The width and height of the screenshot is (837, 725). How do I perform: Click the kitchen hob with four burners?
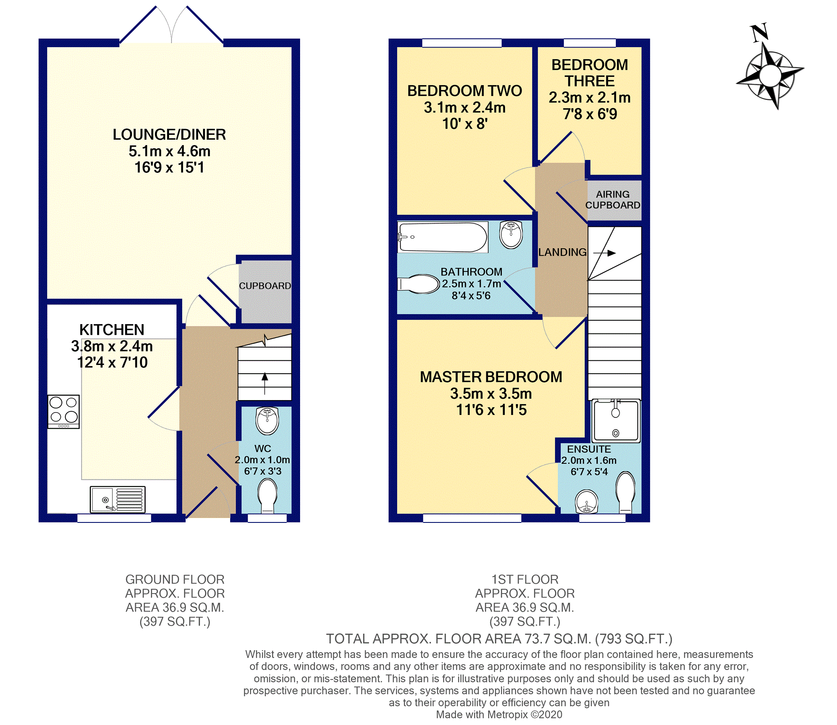pos(63,412)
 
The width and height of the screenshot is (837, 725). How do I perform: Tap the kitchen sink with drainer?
pos(118,499)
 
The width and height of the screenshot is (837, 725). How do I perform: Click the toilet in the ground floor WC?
pos(267,496)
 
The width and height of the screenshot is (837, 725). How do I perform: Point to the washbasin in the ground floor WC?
pos(267,421)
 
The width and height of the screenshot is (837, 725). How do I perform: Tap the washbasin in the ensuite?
pos(587,501)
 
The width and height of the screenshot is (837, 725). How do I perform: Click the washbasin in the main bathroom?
pos(511,234)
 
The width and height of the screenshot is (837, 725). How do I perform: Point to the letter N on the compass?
pos(759,33)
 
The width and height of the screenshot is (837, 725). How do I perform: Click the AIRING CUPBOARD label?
pos(613,200)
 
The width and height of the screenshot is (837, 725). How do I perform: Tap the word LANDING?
pos(562,252)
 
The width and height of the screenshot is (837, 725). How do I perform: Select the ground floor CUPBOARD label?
pos(265,286)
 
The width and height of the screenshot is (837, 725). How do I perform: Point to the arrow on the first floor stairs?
pos(605,253)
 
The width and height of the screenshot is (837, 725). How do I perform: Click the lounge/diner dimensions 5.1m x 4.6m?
pos(169,151)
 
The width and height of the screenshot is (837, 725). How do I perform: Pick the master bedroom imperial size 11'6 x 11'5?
pos(491,410)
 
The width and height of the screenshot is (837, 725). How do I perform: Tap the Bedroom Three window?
pos(590,43)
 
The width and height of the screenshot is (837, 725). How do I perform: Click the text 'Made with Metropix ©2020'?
pos(499,714)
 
